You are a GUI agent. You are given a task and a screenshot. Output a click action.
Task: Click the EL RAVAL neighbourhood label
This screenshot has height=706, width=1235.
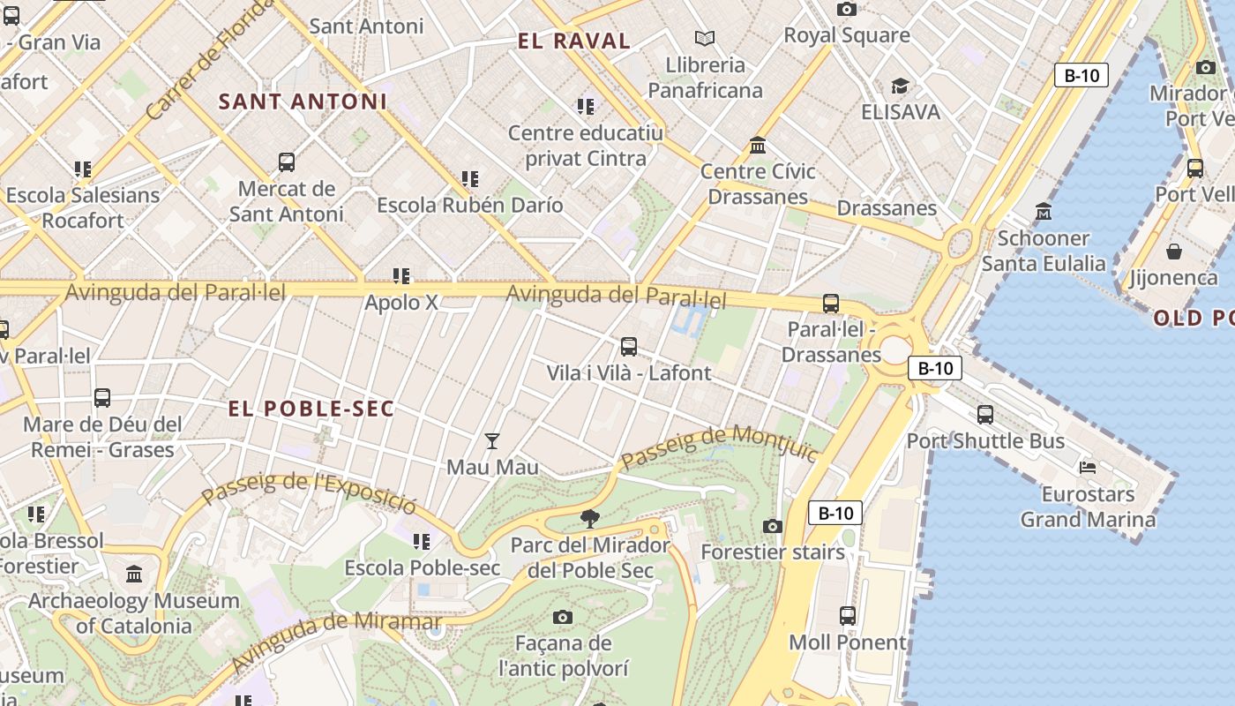click(573, 41)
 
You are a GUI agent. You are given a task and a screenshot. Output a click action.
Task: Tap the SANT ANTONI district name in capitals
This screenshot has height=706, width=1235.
click(303, 101)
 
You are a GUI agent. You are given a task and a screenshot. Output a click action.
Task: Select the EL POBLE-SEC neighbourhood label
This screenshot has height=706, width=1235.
click(311, 409)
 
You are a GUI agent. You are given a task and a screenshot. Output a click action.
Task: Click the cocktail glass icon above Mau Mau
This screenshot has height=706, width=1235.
click(492, 440)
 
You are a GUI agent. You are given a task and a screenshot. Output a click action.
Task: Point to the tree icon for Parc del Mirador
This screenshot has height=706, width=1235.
click(590, 519)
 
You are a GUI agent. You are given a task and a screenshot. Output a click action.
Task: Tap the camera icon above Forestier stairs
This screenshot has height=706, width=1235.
click(773, 526)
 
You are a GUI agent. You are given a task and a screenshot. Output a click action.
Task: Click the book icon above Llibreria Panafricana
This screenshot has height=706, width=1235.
click(705, 38)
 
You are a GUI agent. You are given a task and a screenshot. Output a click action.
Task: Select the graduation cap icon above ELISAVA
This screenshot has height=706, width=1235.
click(900, 86)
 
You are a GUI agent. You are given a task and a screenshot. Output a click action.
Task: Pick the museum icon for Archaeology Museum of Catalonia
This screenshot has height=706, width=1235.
click(134, 575)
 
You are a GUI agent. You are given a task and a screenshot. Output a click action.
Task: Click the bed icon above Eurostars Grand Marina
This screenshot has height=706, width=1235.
click(1088, 467)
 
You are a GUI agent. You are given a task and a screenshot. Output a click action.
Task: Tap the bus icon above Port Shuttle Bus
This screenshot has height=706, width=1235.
click(985, 414)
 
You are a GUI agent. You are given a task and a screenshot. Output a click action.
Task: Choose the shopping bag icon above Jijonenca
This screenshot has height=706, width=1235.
click(1173, 252)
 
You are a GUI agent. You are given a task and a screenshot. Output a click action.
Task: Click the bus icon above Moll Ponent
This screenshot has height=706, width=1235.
click(847, 615)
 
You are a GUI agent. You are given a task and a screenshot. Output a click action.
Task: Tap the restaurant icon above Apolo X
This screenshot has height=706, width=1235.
click(401, 276)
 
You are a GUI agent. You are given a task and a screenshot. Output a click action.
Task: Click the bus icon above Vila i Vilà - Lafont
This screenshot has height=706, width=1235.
click(628, 347)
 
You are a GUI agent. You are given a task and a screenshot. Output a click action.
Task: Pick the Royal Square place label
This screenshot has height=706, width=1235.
click(847, 35)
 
